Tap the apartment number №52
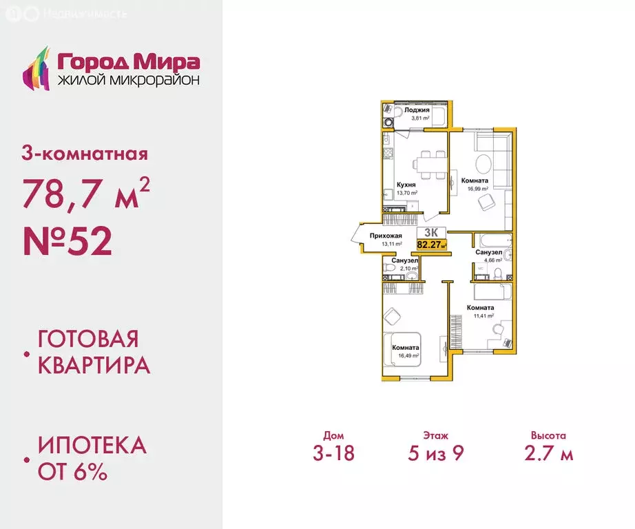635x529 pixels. pyautogui.click(x=67, y=240)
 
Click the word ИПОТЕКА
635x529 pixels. pyautogui.click(x=92, y=445)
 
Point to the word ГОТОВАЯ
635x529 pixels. pyautogui.click(x=88, y=340)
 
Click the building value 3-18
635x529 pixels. pyautogui.click(x=333, y=454)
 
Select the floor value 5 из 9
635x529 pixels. pyautogui.click(x=436, y=454)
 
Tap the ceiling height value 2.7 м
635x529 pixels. pyautogui.click(x=548, y=454)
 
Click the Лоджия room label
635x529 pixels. pyautogui.click(x=417, y=110)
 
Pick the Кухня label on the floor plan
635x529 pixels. pyautogui.click(x=406, y=185)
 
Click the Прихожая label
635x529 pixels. pyautogui.click(x=386, y=236)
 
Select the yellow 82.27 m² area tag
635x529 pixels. pyautogui.click(x=432, y=243)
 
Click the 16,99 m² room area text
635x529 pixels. pyautogui.click(x=475, y=188)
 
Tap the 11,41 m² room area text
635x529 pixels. pyautogui.click(x=479, y=316)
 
